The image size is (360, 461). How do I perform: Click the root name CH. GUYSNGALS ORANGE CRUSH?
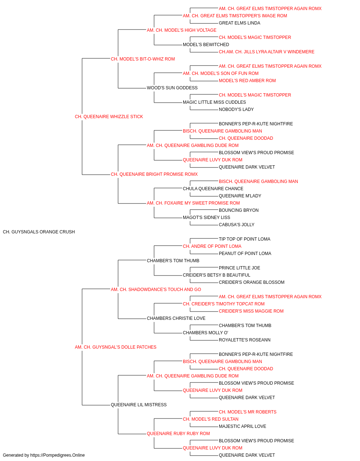pos(39,232)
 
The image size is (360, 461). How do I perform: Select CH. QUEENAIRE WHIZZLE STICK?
pos(109,117)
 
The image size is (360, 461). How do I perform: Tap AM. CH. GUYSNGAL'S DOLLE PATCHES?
pos(116,347)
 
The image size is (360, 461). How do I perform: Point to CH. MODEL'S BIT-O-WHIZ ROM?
pos(143,59)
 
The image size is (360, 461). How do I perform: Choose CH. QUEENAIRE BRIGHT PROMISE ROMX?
pos(154,174)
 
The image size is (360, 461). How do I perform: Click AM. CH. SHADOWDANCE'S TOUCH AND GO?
pos(156,289)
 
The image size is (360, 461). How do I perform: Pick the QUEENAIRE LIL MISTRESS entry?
pos(139,404)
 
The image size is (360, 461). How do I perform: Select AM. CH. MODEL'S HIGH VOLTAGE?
pos(181,30)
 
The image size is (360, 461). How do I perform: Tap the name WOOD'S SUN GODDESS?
pos(172,88)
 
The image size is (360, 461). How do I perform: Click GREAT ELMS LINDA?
pos(239,23)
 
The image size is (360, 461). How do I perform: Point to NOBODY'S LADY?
pos(236,109)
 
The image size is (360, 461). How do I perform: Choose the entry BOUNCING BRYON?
pos(239,210)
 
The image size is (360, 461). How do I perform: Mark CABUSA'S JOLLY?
pos(237,225)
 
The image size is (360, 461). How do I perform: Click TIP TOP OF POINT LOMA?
pos(244,239)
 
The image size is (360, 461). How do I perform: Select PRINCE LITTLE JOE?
pos(239,268)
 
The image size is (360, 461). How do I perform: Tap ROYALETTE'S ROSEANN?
pos(244,340)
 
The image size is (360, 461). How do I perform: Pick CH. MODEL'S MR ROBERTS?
pos(247,412)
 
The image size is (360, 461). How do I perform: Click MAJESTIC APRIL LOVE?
pos(242,426)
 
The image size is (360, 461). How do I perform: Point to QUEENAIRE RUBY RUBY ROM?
pos(178,433)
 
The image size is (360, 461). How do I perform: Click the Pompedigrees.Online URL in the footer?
pos(58,455)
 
